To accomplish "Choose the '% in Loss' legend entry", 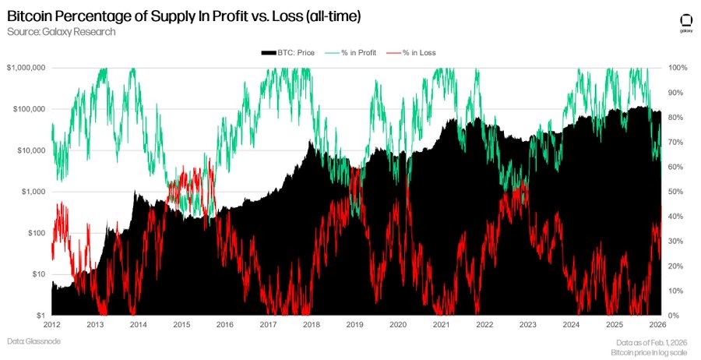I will pyautogui.click(x=417, y=52).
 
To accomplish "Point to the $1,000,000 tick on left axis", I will pyautogui.click(x=26, y=69).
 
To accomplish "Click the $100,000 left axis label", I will pyautogui.click(x=28, y=109).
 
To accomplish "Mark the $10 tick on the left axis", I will pyautogui.click(x=37, y=274).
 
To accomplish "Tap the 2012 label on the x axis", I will pyautogui.click(x=52, y=325).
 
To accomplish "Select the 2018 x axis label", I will pyautogui.click(x=312, y=325).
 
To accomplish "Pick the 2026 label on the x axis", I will pyautogui.click(x=658, y=325).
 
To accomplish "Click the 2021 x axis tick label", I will pyautogui.click(x=442, y=325).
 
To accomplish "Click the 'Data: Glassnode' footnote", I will pyautogui.click(x=34, y=341).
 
